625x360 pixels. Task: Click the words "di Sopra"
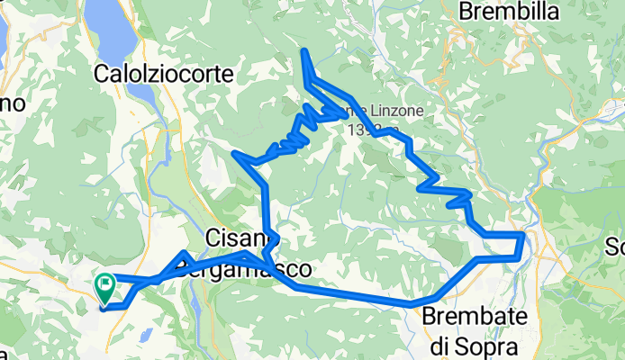pos(471,345)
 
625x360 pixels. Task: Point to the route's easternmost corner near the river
pos(523,235)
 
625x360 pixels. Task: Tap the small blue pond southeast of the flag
pos(196,310)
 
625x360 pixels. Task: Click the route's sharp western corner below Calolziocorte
pos(236,154)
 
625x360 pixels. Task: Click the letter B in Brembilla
pos(466,12)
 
